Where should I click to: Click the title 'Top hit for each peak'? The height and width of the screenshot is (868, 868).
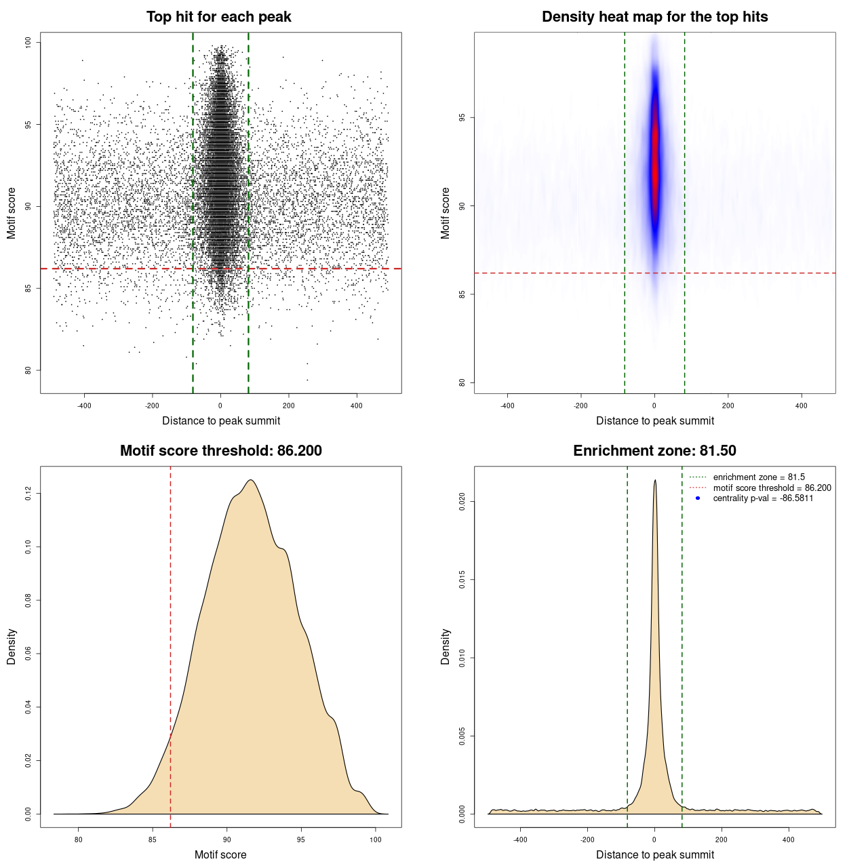pyautogui.click(x=219, y=17)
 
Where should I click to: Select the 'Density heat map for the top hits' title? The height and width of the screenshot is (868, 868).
pyautogui.click(x=654, y=17)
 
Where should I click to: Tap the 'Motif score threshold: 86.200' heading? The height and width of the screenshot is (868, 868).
pyautogui.click(x=220, y=451)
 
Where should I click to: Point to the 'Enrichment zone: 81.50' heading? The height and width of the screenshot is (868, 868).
pyautogui.click(x=654, y=451)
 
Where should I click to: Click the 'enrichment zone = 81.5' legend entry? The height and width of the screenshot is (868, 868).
pyautogui.click(x=759, y=477)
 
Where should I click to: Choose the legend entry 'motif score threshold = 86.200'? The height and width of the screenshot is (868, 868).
pyautogui.click(x=772, y=488)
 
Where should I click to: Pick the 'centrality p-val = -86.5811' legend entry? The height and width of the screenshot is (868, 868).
pyautogui.click(x=763, y=498)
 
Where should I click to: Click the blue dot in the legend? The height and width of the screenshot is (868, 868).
pyautogui.click(x=698, y=498)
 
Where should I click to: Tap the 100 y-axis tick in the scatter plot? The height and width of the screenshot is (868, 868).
pyautogui.click(x=28, y=42)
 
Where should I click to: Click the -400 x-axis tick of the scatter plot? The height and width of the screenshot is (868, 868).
pyautogui.click(x=84, y=406)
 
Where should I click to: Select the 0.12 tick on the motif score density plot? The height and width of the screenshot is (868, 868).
pyautogui.click(x=28, y=494)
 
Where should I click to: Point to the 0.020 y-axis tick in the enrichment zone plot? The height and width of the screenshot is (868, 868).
pyautogui.click(x=462, y=502)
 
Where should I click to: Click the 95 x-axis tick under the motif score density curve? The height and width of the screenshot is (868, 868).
pyautogui.click(x=301, y=840)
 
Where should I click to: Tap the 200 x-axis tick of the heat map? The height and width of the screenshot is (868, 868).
pyautogui.click(x=728, y=406)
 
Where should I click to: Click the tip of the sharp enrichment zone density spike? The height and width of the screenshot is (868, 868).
pyautogui.click(x=655, y=480)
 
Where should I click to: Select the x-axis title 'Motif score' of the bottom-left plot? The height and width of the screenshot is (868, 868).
pyautogui.click(x=220, y=854)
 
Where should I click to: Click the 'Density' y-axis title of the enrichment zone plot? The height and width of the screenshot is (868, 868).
pyautogui.click(x=446, y=646)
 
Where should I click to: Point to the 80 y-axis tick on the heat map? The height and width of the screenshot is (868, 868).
pyautogui.click(x=462, y=382)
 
